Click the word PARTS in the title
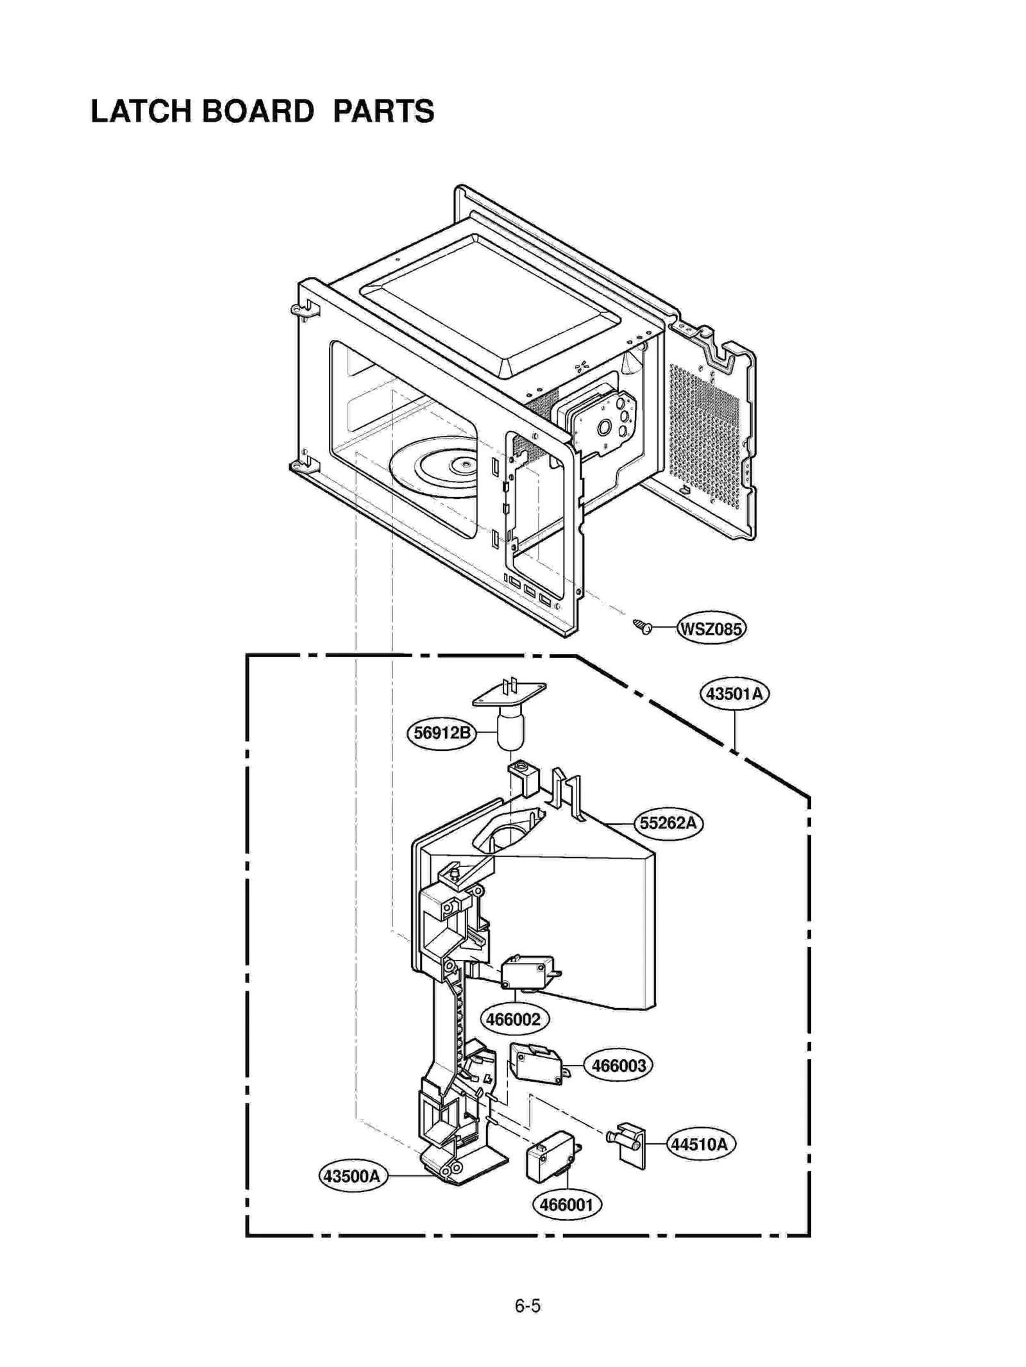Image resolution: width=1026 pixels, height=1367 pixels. pyautogui.click(x=383, y=111)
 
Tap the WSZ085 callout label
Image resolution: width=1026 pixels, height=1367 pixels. pyautogui.click(x=711, y=628)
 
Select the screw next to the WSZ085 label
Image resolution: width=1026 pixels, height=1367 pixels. pyautogui.click(x=643, y=626)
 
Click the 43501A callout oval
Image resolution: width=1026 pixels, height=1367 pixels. pyautogui.click(x=734, y=694)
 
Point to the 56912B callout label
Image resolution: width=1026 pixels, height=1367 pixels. pyautogui.click(x=442, y=733)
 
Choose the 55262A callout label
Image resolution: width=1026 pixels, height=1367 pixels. pyautogui.click(x=668, y=823)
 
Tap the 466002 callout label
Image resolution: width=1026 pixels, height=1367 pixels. pyautogui.click(x=514, y=1019)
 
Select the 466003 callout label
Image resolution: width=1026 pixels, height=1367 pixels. pyautogui.click(x=618, y=1066)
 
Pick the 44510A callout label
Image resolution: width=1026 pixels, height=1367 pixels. pyautogui.click(x=700, y=1144)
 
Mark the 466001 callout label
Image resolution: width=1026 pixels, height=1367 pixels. pyautogui.click(x=567, y=1204)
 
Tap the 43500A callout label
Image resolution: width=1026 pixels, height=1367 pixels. pyautogui.click(x=353, y=1176)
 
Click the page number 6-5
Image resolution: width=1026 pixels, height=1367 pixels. pyautogui.click(x=527, y=1306)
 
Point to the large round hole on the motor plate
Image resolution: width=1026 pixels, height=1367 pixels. pyautogui.click(x=604, y=427)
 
